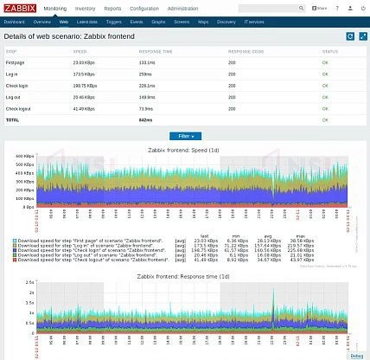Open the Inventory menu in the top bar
click(85, 8)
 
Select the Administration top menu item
click(182, 8)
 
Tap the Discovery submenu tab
click(226, 20)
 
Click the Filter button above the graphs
click(184, 136)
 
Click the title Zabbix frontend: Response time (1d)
click(183, 276)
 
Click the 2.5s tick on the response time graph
click(29, 282)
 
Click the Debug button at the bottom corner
click(357, 355)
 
